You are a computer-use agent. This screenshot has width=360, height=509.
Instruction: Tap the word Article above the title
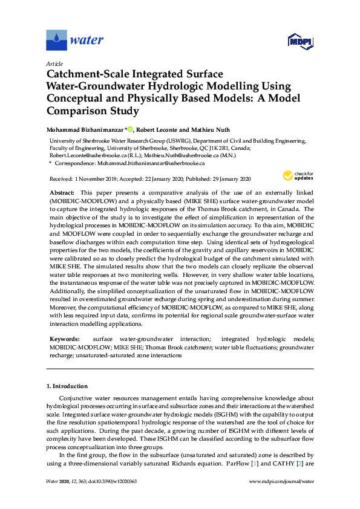click(54, 63)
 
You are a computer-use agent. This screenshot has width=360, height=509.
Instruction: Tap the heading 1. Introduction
click(67, 386)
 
